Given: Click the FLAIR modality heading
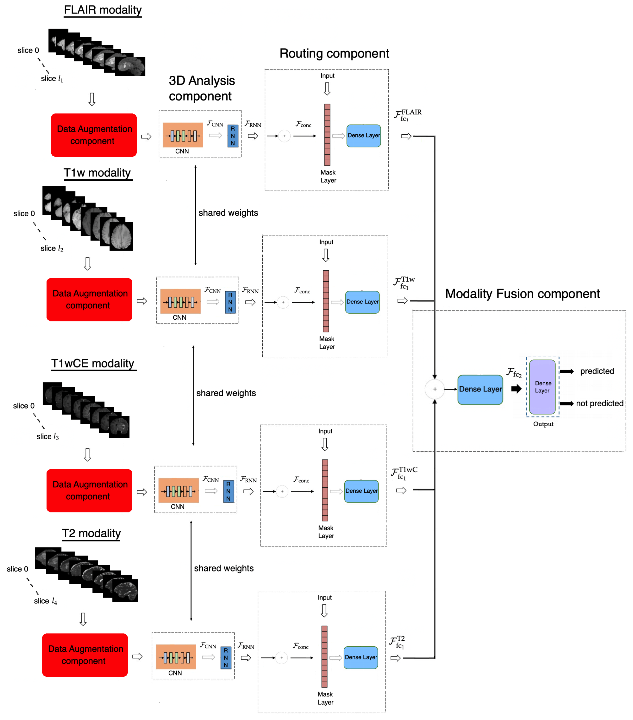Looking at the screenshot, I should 103,10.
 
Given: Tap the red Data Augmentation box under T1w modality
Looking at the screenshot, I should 90,299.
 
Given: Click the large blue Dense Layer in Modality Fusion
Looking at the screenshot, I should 480,389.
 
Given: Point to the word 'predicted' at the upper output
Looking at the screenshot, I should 597,371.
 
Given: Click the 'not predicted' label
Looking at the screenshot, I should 599,403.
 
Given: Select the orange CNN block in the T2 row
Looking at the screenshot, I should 176,656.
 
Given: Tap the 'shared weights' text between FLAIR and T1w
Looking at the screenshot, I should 228,213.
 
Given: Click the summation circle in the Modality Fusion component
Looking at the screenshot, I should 435,389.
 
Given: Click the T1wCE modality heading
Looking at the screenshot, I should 93,363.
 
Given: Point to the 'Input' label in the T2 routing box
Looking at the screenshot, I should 325,597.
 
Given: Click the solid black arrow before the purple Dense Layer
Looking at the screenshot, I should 516,389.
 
